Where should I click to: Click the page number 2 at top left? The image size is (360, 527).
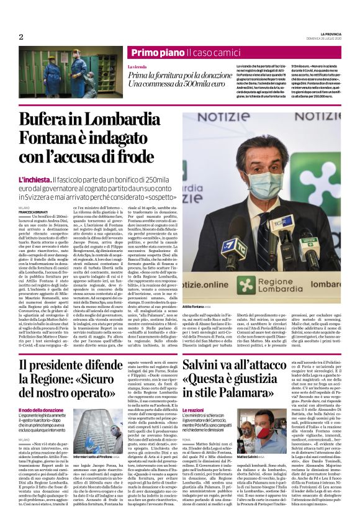[x=20, y=37]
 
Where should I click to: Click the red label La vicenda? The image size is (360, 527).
[x=137, y=66]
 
